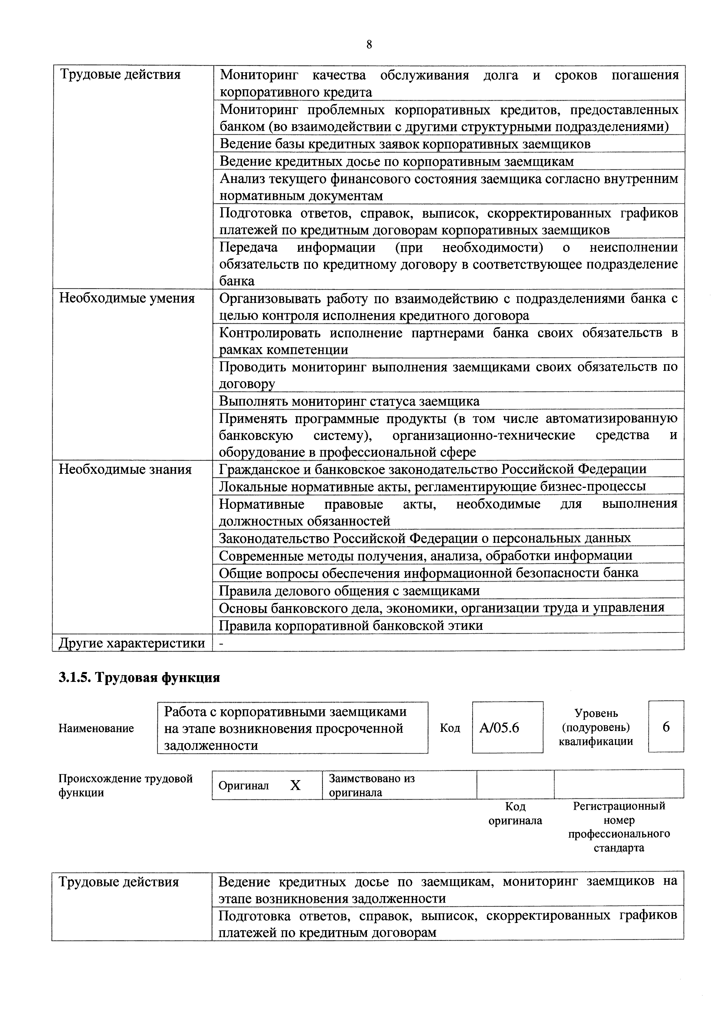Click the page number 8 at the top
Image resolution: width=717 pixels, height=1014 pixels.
point(369,45)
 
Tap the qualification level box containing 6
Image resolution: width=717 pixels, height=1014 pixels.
point(666,726)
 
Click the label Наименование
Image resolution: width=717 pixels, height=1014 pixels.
point(96,728)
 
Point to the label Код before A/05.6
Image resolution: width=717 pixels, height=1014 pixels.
point(450,728)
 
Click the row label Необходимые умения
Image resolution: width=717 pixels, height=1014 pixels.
point(127,299)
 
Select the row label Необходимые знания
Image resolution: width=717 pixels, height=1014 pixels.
point(125,469)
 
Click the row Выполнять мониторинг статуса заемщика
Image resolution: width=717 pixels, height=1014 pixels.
point(349,401)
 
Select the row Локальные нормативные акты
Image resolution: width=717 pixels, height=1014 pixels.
point(432,486)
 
